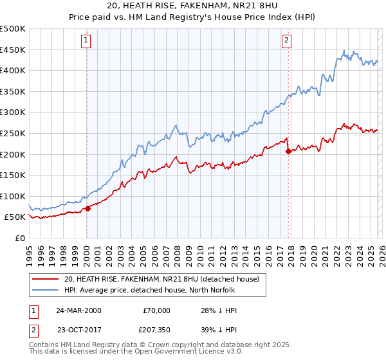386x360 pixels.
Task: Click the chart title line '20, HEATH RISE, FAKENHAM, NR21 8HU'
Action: pyautogui.click(x=192, y=6)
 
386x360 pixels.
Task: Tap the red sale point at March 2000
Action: pyautogui.click(x=87, y=208)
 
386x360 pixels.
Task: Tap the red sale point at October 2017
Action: pyautogui.click(x=288, y=151)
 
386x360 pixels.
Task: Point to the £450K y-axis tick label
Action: pyautogui.click(x=13, y=50)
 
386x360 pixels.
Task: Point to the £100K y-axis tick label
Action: pyautogui.click(x=13, y=196)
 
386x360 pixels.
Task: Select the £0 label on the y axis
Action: pyautogui.click(x=19, y=238)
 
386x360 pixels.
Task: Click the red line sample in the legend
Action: pyautogui.click(x=45, y=279)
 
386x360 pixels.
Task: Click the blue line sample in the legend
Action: pyautogui.click(x=45, y=291)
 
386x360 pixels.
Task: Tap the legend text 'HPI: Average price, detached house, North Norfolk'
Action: pyautogui.click(x=149, y=291)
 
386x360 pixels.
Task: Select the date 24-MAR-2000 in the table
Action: pyautogui.click(x=78, y=310)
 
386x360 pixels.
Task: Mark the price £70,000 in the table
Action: pyautogui.click(x=156, y=310)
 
